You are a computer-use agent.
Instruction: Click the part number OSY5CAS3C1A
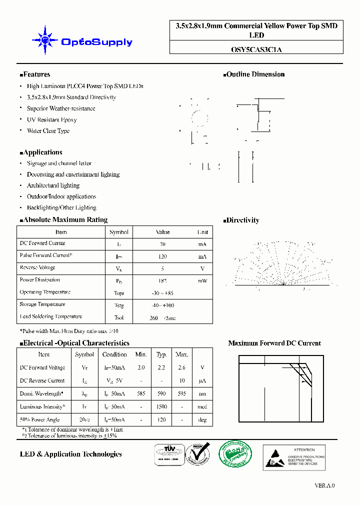[256, 49]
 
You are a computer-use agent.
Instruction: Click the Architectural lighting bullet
[53, 185]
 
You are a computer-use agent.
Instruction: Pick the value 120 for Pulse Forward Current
[162, 256]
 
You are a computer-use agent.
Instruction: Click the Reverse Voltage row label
[37, 268]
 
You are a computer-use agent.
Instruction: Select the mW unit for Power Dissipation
[202, 281]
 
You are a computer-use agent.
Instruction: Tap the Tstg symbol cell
[118, 305]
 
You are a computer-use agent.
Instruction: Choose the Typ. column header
[161, 354]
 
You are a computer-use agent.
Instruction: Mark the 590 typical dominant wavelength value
[161, 394]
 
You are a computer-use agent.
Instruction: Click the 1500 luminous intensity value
[161, 407]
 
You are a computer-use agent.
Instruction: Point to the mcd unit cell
[202, 407]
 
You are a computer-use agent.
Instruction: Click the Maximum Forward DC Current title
[274, 343]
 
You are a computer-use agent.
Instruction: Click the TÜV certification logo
[167, 455]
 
